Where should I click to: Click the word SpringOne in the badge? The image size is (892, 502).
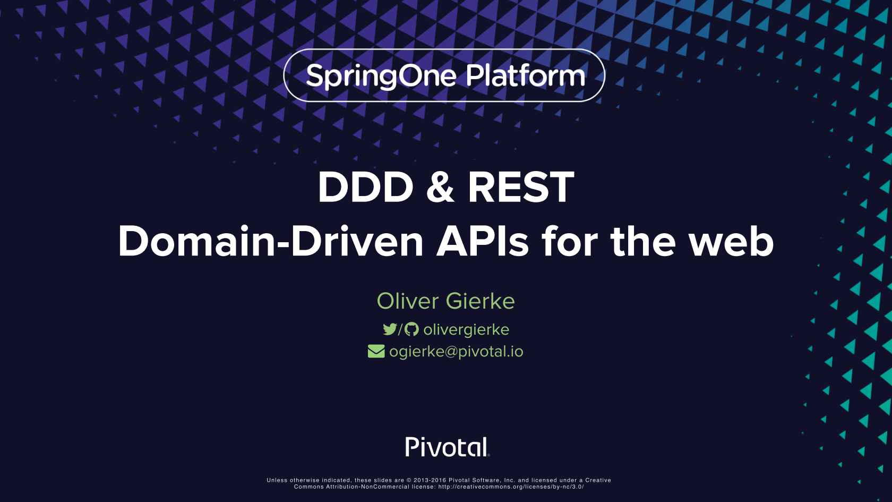point(381,76)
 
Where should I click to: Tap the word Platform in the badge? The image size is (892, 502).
point(526,75)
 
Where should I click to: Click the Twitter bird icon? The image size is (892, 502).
point(390,329)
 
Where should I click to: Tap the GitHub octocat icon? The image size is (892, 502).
point(411,329)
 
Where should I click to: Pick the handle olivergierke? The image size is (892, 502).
point(466,330)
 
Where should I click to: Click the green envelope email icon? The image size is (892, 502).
point(376,352)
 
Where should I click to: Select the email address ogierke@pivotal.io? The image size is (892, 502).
point(457,352)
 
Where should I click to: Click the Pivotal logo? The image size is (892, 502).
point(447,447)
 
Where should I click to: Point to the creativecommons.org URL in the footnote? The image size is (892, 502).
point(511,487)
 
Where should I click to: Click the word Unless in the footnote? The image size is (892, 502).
point(277,480)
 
